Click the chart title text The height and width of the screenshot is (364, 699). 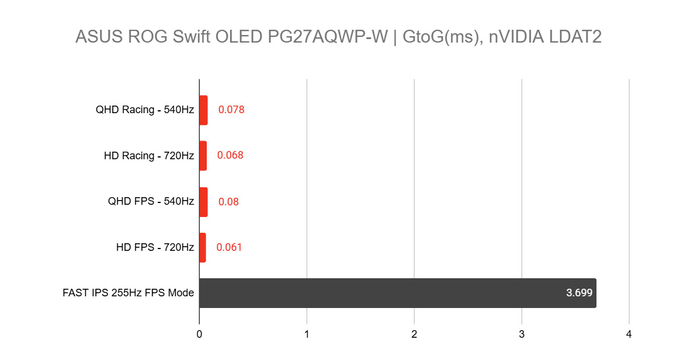338,37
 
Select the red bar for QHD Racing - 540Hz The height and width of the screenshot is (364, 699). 203,110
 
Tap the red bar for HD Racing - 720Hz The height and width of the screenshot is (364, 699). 203,156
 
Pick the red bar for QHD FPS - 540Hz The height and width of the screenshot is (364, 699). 203,202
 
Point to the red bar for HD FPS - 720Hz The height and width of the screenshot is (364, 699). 203,247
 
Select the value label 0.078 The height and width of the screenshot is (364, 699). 231,110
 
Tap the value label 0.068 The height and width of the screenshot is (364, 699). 230,155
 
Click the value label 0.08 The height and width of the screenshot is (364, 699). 228,202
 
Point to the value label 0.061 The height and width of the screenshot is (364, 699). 229,247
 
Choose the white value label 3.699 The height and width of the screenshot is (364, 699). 579,293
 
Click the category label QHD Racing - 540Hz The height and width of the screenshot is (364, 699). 144,110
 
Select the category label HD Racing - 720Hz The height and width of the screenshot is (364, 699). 149,156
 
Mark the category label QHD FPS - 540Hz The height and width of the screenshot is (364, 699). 151,202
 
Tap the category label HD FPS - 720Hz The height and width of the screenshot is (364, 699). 155,247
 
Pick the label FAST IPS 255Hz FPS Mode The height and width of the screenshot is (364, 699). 128,293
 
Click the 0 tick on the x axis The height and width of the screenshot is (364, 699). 199,335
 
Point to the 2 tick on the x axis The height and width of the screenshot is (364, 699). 414,335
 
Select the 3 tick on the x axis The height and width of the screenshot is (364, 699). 521,335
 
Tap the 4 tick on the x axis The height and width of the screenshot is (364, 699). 629,335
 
